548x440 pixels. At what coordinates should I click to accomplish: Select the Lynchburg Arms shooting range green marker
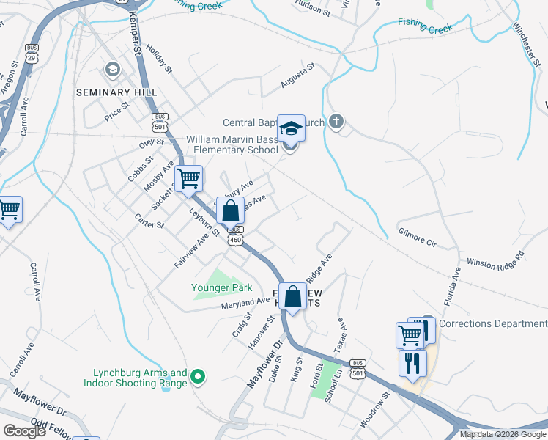point(197,378)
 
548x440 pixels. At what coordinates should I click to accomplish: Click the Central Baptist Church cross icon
point(336,122)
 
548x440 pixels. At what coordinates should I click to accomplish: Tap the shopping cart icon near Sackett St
point(189,178)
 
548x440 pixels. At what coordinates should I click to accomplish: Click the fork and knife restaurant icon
point(412,362)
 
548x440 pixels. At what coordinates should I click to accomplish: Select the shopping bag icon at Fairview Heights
point(292,296)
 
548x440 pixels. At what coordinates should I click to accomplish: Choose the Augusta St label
point(297,76)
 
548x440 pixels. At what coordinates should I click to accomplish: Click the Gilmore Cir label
point(417,241)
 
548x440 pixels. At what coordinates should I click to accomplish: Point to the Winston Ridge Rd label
point(496,260)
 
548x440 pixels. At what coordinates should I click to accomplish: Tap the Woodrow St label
point(374,410)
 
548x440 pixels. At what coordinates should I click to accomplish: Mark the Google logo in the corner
point(24,431)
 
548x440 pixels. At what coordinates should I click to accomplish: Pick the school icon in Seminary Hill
point(112,70)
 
